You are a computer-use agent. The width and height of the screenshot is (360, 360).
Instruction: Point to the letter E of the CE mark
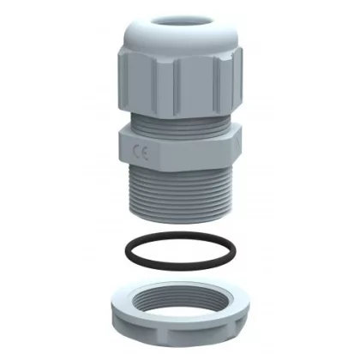coord(144,153)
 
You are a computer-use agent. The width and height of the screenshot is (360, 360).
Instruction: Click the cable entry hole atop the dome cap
coord(183,22)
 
